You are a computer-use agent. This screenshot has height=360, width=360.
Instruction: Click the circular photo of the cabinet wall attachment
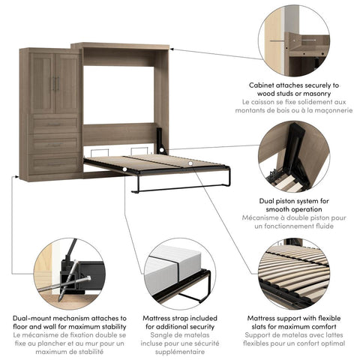pos(293,42)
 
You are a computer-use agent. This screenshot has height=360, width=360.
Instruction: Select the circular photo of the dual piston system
pos(293,158)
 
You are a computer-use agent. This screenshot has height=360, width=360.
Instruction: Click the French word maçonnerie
pos(327,110)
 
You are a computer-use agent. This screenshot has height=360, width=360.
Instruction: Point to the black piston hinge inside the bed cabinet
pos(160,139)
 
